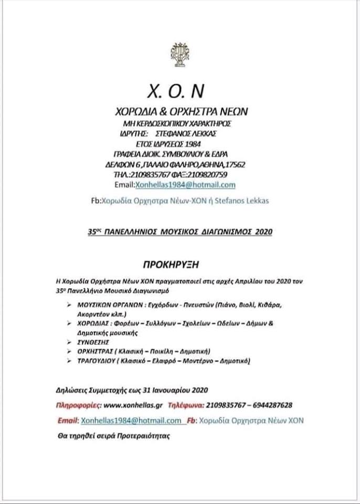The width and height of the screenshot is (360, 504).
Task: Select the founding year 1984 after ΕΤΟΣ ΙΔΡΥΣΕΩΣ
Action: [192, 144]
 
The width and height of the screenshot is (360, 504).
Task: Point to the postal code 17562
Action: [234, 164]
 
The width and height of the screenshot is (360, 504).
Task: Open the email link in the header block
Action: [185, 185]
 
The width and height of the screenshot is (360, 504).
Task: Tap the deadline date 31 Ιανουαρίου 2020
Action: [176, 390]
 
